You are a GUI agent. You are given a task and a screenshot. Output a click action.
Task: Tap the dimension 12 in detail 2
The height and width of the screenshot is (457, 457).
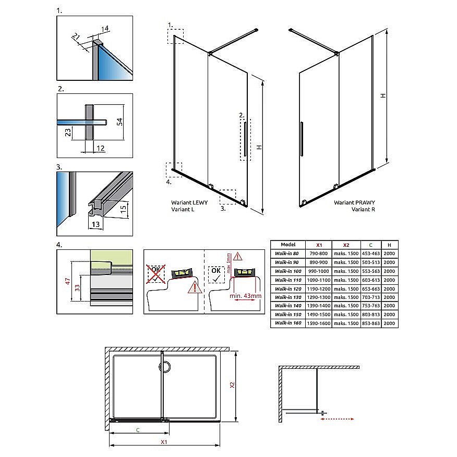tap(100, 148)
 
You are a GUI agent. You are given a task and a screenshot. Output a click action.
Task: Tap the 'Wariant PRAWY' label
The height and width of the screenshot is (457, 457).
tap(354, 202)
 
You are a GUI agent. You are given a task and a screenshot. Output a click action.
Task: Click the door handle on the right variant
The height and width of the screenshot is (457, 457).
tap(300, 139)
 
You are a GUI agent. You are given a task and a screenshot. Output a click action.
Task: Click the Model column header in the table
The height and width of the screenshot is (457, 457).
tap(288, 244)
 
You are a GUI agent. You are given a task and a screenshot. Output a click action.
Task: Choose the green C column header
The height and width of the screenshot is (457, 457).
tap(370, 244)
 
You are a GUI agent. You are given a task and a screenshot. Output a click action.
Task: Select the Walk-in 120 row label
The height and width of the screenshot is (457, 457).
tap(287, 288)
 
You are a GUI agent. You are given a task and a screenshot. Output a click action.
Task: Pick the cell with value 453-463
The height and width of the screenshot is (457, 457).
tap(370, 254)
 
